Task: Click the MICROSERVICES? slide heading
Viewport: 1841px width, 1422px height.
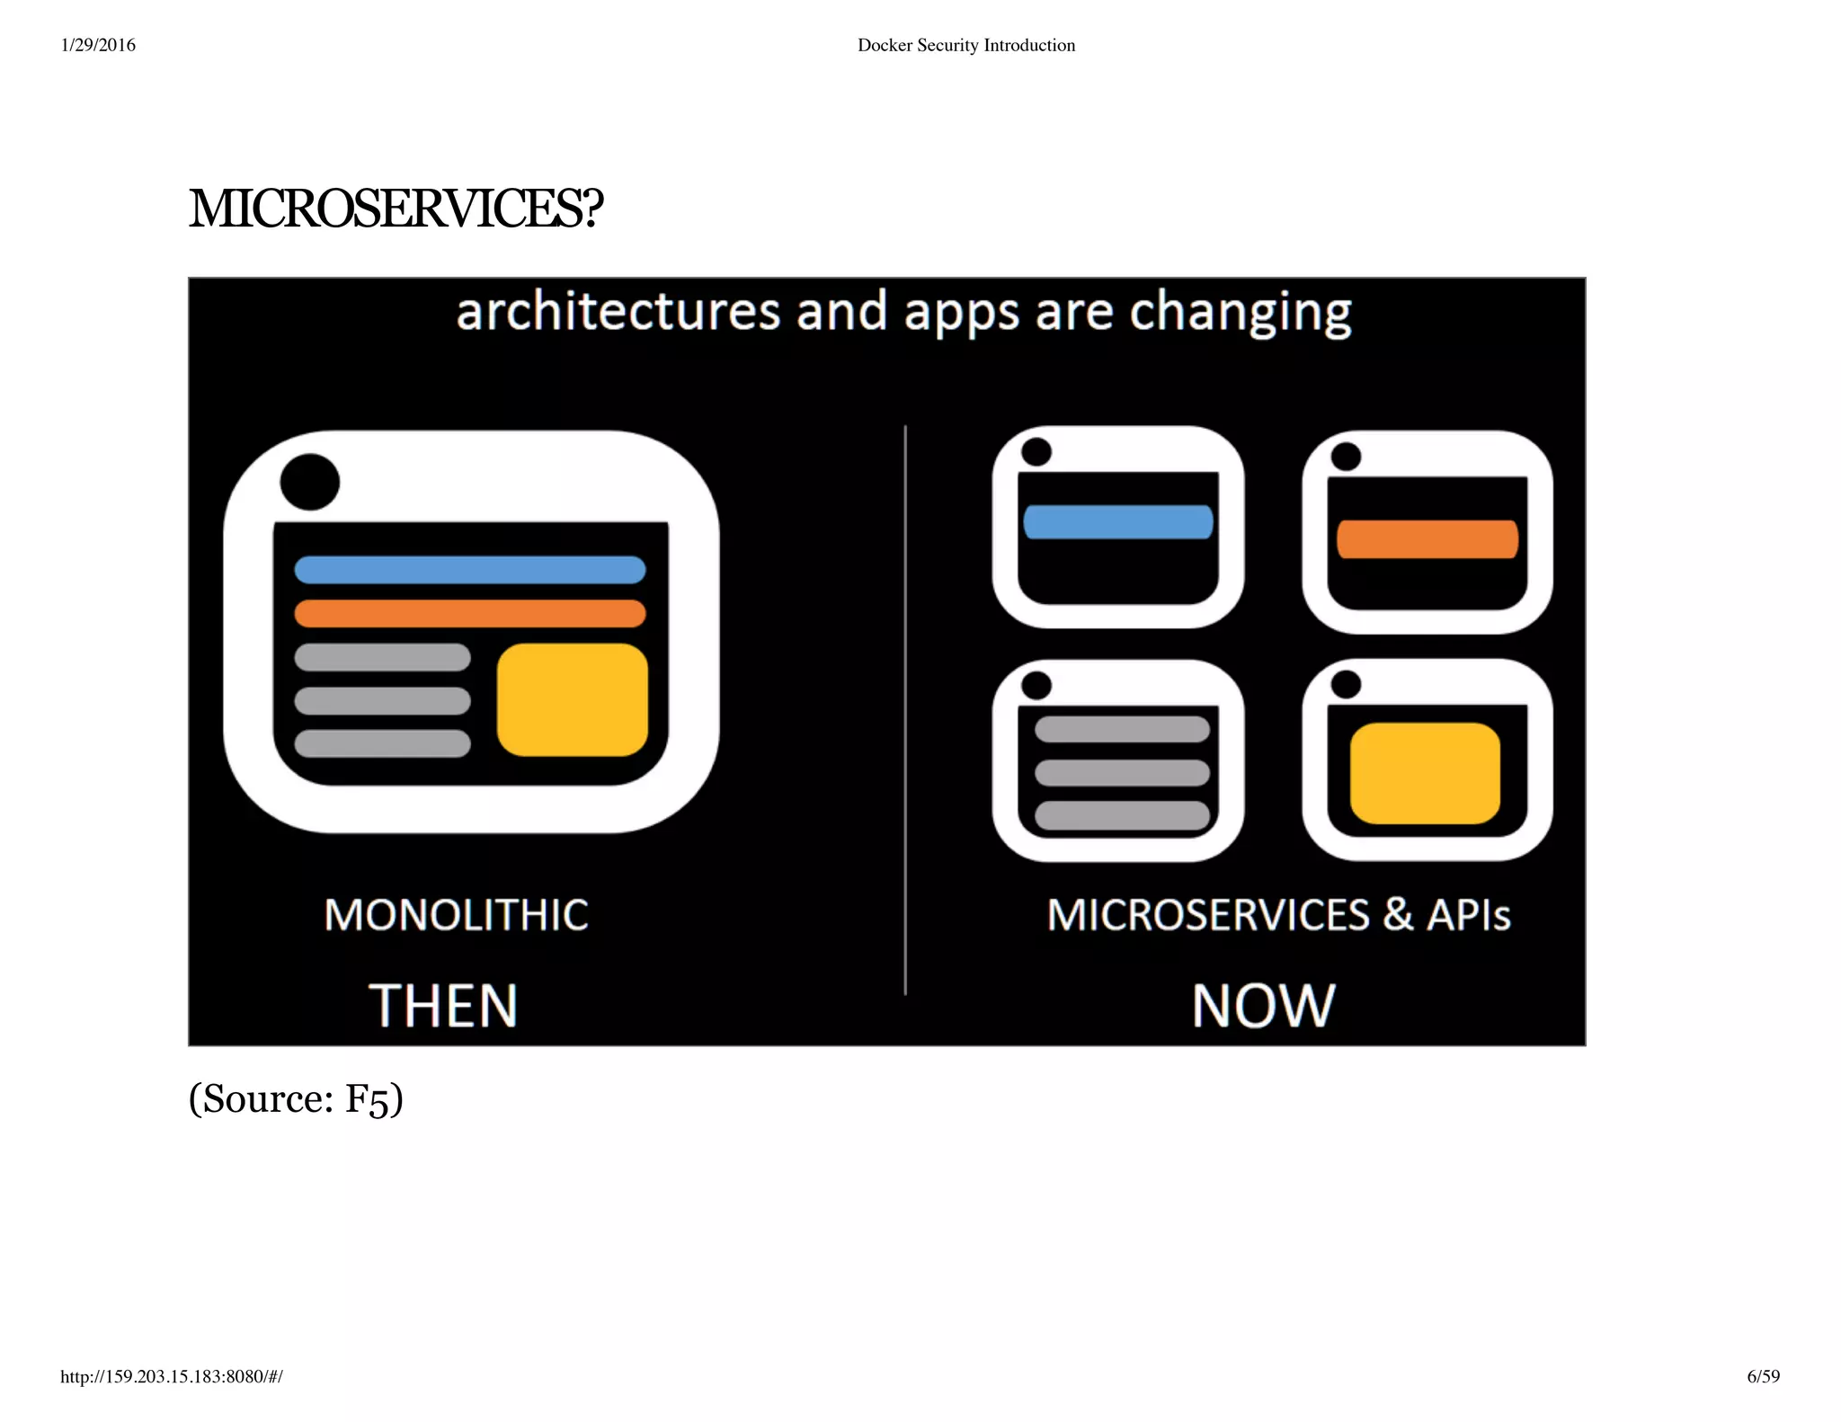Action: (396, 209)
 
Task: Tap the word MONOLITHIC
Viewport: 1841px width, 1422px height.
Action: (456, 915)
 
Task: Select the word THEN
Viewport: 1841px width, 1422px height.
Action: (443, 1005)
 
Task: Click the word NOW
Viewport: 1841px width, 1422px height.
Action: (1263, 1005)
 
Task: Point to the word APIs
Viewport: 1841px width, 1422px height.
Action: (1468, 915)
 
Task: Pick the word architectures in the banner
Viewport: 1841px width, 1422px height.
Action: (618, 312)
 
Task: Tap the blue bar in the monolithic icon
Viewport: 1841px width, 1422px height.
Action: (469, 570)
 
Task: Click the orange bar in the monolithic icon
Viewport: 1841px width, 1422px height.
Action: (469, 614)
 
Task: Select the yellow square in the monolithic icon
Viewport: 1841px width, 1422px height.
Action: (572, 699)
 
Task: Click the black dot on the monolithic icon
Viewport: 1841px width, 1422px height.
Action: (309, 482)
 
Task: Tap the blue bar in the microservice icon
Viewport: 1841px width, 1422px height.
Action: (1117, 522)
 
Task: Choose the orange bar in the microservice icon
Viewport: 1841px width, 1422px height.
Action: (1427, 539)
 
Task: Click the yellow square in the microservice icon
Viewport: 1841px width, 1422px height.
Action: (1425, 773)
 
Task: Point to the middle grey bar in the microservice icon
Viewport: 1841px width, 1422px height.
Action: (1122, 772)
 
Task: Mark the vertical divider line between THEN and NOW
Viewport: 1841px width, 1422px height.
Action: (905, 710)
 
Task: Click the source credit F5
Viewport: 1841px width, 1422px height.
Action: (369, 1099)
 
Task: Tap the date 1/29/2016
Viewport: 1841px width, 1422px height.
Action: (98, 45)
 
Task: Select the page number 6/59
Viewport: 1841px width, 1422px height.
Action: (1763, 1376)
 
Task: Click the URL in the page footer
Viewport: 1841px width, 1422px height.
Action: (171, 1376)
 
